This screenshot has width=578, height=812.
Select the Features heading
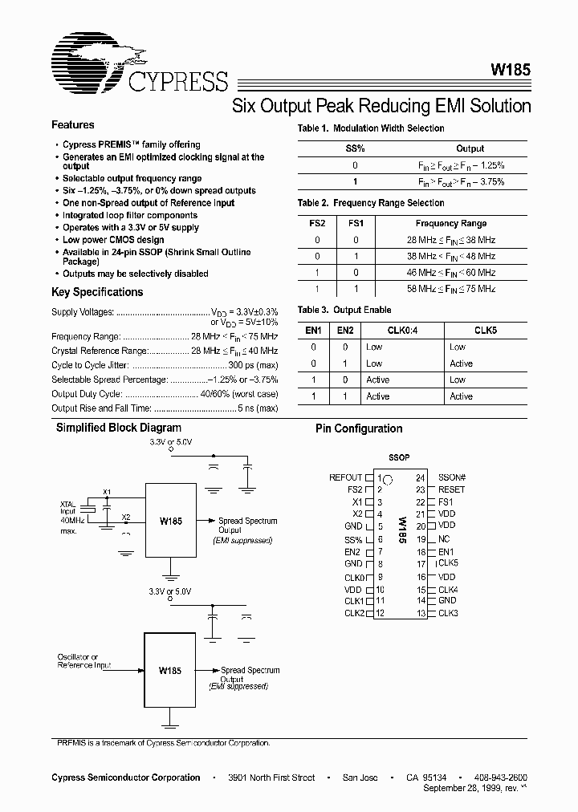73,125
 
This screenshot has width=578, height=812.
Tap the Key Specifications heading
97,292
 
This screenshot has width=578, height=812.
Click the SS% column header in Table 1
355,148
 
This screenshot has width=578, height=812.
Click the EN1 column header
314,329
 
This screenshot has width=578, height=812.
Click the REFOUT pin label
345,477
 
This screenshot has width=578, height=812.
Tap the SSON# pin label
452,477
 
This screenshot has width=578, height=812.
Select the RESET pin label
451,489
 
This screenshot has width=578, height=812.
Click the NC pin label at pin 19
444,539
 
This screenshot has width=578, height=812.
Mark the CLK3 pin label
448,613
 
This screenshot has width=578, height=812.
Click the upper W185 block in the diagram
171,522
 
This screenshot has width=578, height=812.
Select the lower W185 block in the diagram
169,670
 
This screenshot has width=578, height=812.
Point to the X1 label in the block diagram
108,492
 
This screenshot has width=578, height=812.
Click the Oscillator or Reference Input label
83,661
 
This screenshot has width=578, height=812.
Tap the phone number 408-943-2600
501,777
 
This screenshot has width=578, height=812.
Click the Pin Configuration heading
359,429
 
